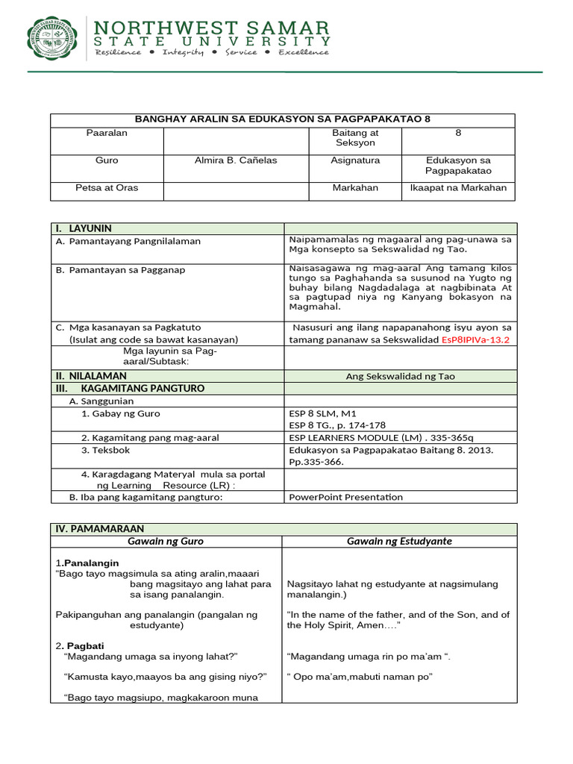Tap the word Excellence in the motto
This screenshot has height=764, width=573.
tap(304, 52)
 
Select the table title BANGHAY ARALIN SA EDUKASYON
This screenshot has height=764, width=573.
tap(282, 119)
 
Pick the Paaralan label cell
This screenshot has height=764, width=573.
tap(107, 132)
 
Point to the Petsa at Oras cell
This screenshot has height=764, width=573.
tap(107, 188)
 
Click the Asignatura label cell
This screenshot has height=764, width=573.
tap(355, 160)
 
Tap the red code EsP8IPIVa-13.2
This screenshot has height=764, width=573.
tap(476, 339)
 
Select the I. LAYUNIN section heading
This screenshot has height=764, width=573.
tap(82, 228)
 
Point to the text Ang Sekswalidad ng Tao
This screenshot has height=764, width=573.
tap(400, 377)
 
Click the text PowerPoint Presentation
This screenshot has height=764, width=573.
tap(345, 497)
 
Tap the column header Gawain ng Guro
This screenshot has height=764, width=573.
tap(166, 541)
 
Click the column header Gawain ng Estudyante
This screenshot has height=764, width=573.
tap(399, 541)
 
